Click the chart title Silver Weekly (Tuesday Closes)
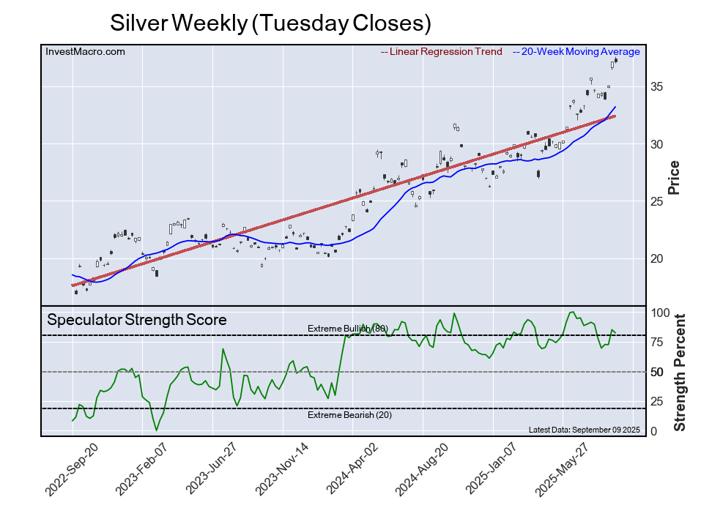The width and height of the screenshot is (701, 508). tap(270, 23)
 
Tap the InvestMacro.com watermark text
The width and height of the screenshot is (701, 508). tap(85, 51)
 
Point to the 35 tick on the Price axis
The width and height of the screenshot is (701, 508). tap(656, 86)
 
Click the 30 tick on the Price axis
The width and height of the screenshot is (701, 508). tap(656, 144)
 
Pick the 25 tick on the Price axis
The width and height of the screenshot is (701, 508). tap(656, 201)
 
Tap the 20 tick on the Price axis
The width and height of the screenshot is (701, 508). tap(656, 258)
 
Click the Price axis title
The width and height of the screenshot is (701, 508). tap(675, 177)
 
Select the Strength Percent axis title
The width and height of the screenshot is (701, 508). tap(679, 372)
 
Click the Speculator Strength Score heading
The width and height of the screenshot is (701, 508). tap(137, 320)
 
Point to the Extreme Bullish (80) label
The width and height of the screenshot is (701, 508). tap(347, 329)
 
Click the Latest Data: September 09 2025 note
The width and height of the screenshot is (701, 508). tap(584, 430)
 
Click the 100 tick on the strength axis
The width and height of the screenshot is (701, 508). tap(659, 313)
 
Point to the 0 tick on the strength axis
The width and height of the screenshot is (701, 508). tap(653, 431)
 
